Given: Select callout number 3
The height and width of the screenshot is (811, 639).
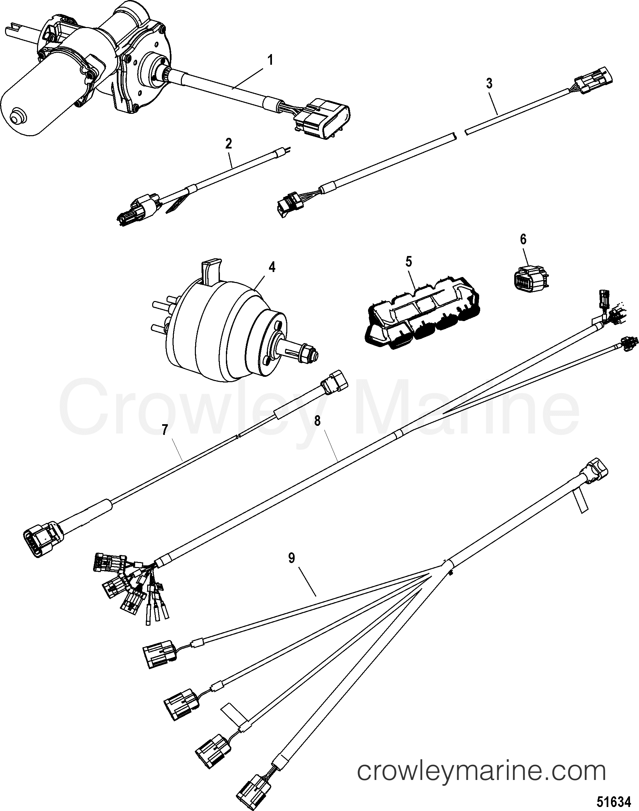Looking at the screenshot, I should pyautogui.click(x=489, y=84).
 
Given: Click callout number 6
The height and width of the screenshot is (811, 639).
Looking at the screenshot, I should pyautogui.click(x=523, y=239).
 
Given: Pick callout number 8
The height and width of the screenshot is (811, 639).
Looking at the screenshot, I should pyautogui.click(x=317, y=421).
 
